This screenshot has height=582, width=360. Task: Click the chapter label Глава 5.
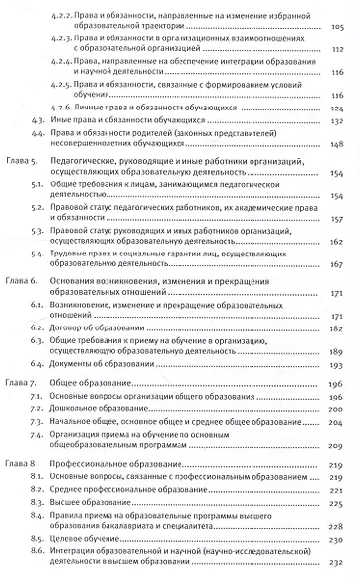tap(22, 185)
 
